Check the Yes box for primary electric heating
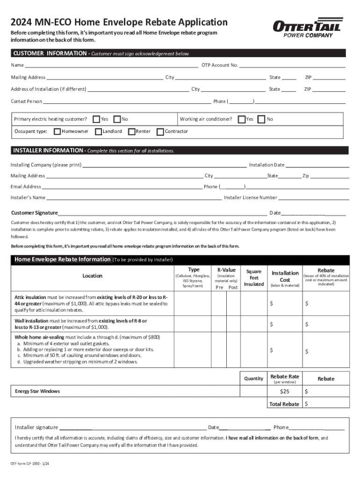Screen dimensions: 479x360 96,119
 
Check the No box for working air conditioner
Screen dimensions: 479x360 261,119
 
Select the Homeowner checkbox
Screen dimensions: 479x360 57,131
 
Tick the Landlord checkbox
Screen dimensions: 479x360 98,131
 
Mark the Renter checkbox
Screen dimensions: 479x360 131,131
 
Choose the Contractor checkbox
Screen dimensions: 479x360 160,131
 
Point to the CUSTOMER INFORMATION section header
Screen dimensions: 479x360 49,53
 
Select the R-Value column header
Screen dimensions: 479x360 226,270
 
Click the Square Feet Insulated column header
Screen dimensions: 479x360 254,277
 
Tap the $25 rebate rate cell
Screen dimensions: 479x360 284,391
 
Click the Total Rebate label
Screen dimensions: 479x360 284,404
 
